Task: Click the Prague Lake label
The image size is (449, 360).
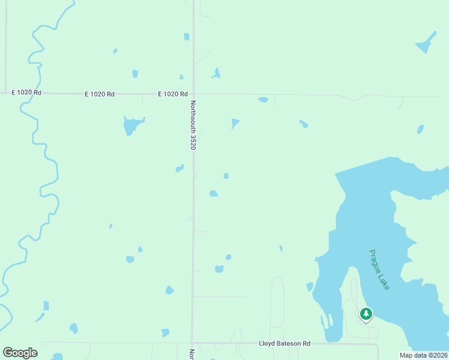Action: click(x=379, y=270)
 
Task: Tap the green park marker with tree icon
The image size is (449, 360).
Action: click(x=366, y=314)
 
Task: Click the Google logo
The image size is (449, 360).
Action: click(x=20, y=353)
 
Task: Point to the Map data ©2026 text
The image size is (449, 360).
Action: click(x=423, y=355)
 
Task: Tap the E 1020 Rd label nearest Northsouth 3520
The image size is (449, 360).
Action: click(x=173, y=94)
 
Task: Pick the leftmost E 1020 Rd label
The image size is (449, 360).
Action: click(x=26, y=93)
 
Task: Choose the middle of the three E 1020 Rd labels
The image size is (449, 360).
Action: click(x=100, y=94)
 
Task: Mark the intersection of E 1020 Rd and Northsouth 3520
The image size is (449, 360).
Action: click(x=193, y=94)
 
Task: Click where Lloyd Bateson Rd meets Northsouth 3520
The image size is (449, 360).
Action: click(x=193, y=343)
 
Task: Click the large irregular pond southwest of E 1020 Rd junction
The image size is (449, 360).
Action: click(x=131, y=125)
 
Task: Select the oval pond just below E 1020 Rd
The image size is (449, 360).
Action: click(x=263, y=100)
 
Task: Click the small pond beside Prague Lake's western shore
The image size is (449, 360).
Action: click(x=310, y=287)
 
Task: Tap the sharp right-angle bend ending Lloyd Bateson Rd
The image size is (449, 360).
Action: click(x=378, y=346)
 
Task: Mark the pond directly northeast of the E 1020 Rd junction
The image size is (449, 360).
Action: click(x=215, y=74)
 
